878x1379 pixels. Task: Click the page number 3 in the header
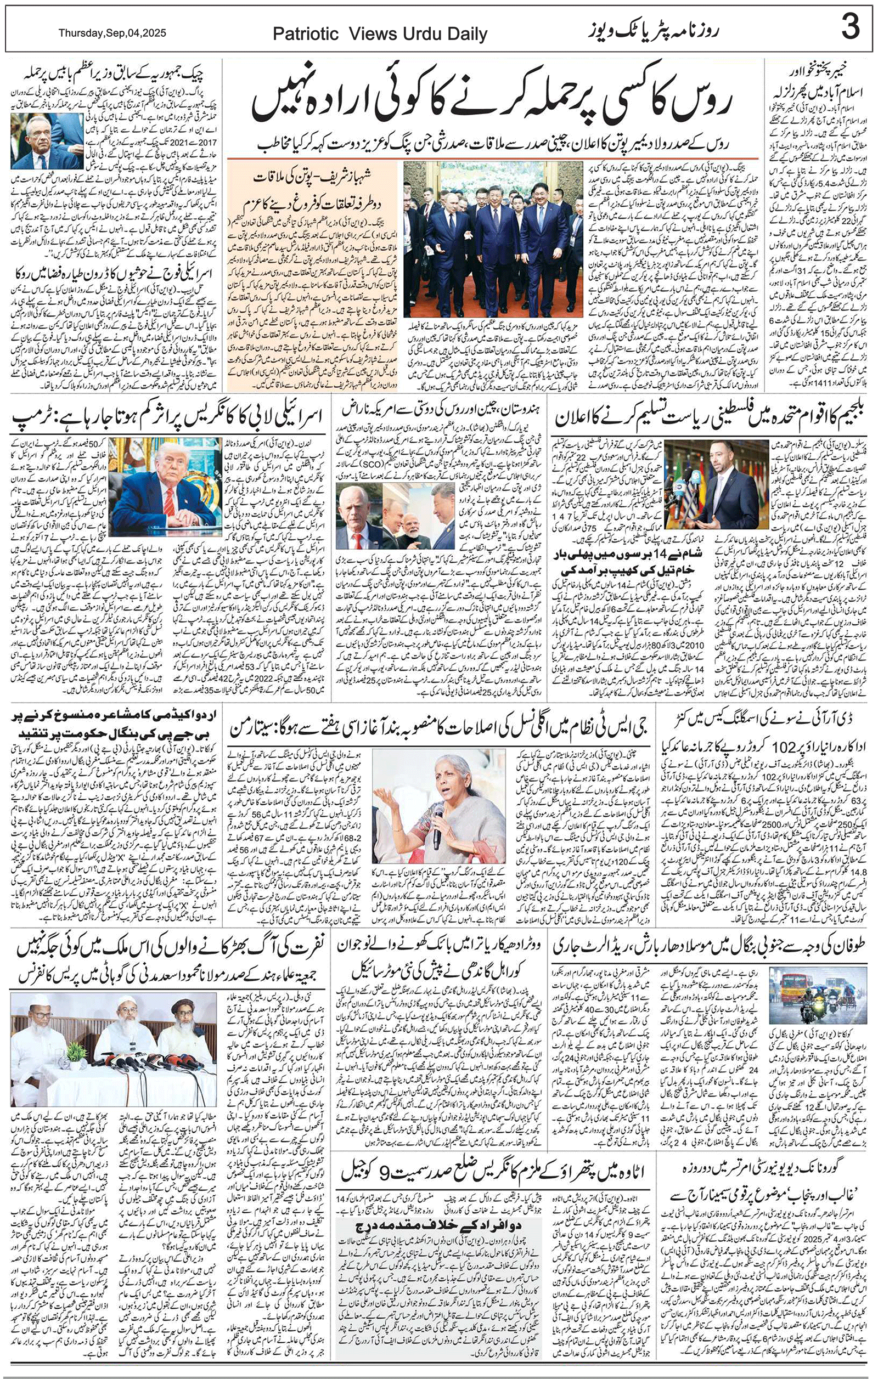851,28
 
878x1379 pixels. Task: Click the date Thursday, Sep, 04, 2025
112,33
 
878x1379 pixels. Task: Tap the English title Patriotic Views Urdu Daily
380,34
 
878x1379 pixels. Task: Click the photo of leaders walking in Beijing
493,239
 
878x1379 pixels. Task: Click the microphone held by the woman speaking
437,824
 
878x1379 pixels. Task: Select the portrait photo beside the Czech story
47,140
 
